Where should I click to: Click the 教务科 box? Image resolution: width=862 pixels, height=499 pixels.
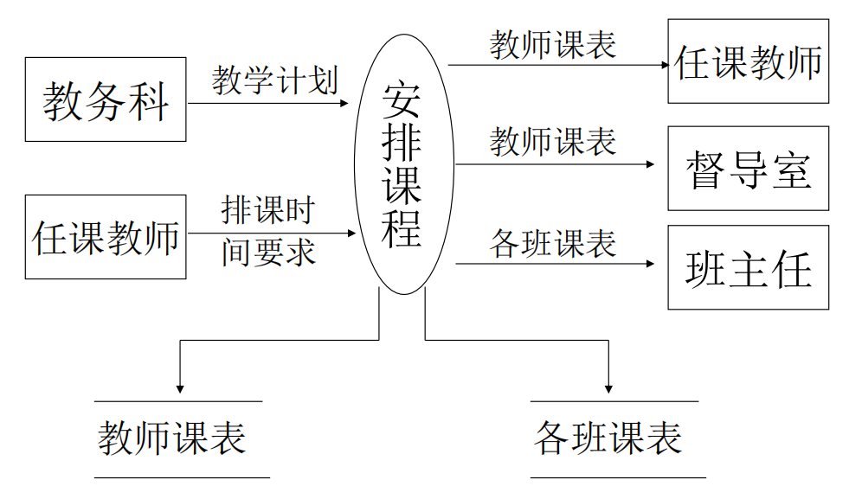[106, 99]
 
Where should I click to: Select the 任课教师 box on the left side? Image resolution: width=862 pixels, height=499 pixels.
[106, 237]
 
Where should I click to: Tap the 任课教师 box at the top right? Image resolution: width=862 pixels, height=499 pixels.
[748, 62]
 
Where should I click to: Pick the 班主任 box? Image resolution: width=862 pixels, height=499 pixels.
[748, 267]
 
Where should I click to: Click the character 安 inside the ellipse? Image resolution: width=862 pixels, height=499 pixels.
[402, 101]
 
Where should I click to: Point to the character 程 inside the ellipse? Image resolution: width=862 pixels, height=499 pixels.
[402, 229]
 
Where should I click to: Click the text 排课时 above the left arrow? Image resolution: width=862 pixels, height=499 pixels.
[267, 209]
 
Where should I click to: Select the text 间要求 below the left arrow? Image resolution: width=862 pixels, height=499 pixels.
[267, 252]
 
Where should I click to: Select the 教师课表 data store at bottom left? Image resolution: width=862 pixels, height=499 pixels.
[173, 438]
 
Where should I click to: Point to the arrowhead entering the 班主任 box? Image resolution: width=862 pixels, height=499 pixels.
[650, 263]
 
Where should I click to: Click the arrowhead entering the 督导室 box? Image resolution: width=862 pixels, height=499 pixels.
[650, 163]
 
